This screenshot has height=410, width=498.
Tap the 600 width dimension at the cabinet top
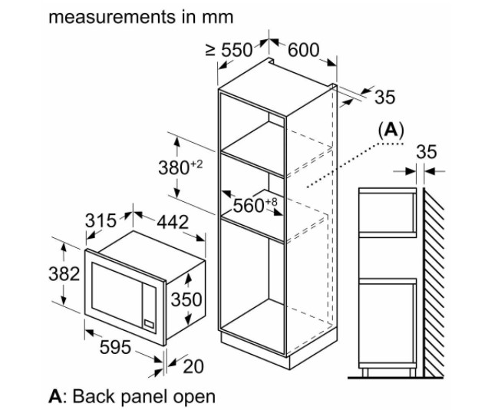coord(303,50)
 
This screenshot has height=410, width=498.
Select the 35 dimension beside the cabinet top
coord(384,97)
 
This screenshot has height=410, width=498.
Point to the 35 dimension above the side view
coord(426,151)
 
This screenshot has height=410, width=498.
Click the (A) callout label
coord(391,130)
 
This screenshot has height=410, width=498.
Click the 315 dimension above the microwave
coord(100,221)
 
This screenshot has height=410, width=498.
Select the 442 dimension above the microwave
coord(172,221)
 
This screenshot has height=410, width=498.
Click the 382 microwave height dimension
coord(64,275)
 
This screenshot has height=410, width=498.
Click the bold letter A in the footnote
coord(54,396)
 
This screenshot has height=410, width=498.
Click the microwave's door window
coord(120,291)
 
